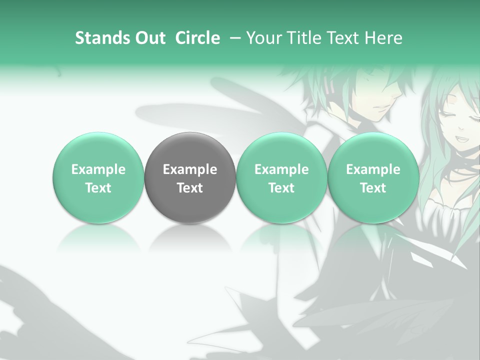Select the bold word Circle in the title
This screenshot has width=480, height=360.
pyautogui.click(x=197, y=38)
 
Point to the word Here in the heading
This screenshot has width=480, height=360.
pyautogui.click(x=384, y=38)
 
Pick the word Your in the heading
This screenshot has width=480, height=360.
pyautogui.click(x=263, y=38)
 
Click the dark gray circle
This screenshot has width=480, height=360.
pyautogui.click(x=190, y=178)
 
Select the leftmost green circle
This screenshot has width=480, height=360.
pyautogui.click(x=98, y=178)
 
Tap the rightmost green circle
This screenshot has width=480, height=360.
pyautogui.click(x=373, y=178)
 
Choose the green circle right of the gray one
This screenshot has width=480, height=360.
pyautogui.click(x=281, y=178)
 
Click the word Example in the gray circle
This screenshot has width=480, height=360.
pyautogui.click(x=190, y=169)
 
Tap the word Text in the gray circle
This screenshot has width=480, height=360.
pyautogui.click(x=190, y=188)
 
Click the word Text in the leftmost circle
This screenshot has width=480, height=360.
pyautogui.click(x=98, y=188)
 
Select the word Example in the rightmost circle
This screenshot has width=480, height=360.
pyautogui.click(x=373, y=169)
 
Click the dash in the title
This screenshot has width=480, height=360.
pyautogui.click(x=234, y=38)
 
